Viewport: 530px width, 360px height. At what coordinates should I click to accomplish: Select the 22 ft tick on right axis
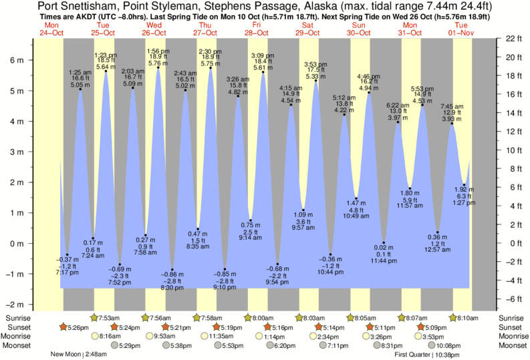pyautogui.click(x=511, y=38)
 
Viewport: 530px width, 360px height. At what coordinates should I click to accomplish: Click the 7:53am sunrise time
pyautogui.click(x=109, y=317)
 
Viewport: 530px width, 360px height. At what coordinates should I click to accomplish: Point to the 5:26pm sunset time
pyautogui.click(x=75, y=327)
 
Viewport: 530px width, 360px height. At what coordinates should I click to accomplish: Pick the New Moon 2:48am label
pyautogui.click(x=78, y=354)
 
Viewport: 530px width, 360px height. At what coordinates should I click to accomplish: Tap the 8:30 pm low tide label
pyautogui.click(x=172, y=288)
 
